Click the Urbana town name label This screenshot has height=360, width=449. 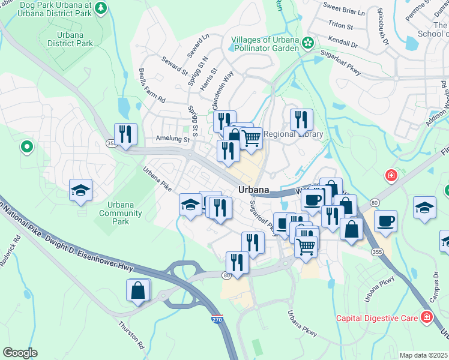(253, 189)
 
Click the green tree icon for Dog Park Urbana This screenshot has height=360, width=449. (101, 8)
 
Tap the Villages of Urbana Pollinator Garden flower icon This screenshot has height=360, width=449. (308, 43)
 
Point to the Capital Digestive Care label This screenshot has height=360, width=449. (377, 317)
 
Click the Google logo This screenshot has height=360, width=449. (20, 353)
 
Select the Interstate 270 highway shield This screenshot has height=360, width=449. (217, 321)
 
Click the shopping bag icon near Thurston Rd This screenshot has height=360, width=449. (137, 290)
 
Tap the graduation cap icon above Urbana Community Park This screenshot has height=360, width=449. (80, 190)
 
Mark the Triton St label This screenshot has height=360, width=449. (340, 25)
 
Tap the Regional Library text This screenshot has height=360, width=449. (294, 134)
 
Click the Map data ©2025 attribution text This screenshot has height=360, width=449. (423, 355)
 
